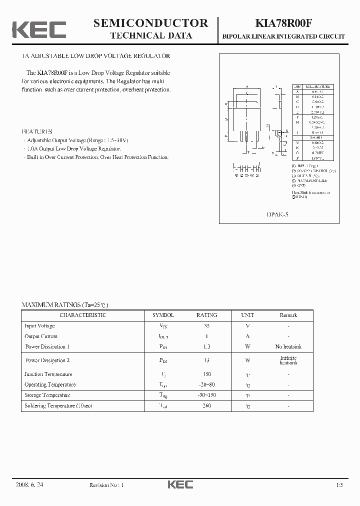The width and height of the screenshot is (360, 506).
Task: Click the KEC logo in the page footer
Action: coord(179,484)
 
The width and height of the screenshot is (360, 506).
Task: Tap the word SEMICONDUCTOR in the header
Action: coord(151,23)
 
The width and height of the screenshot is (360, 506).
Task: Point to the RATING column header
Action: coord(206,315)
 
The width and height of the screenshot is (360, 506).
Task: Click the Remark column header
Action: coord(288,315)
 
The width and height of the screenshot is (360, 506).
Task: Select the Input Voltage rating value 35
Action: coord(206,325)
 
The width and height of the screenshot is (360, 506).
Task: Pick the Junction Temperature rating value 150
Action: coord(206,374)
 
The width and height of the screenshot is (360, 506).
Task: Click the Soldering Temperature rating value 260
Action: coord(206,405)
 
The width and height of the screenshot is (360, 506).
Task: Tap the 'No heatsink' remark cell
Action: coord(288,346)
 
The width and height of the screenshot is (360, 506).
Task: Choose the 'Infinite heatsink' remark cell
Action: coord(288,360)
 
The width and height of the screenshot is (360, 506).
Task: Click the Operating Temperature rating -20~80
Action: coord(206,384)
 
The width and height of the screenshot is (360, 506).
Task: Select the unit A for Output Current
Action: coord(247,336)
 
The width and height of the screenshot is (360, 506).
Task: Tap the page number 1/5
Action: coord(340,485)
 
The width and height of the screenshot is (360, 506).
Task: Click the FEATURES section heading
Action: coord(37,130)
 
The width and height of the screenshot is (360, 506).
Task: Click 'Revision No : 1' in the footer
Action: coord(106,485)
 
